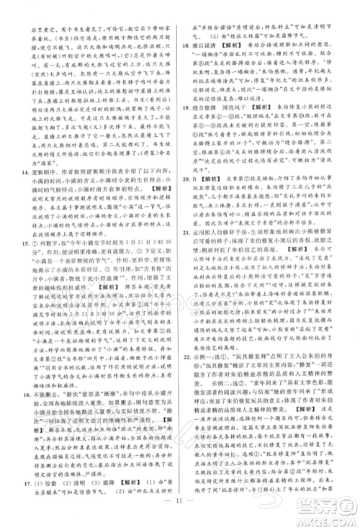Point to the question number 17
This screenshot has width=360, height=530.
click(x=26, y=475)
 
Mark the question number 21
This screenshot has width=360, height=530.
click(x=189, y=274)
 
